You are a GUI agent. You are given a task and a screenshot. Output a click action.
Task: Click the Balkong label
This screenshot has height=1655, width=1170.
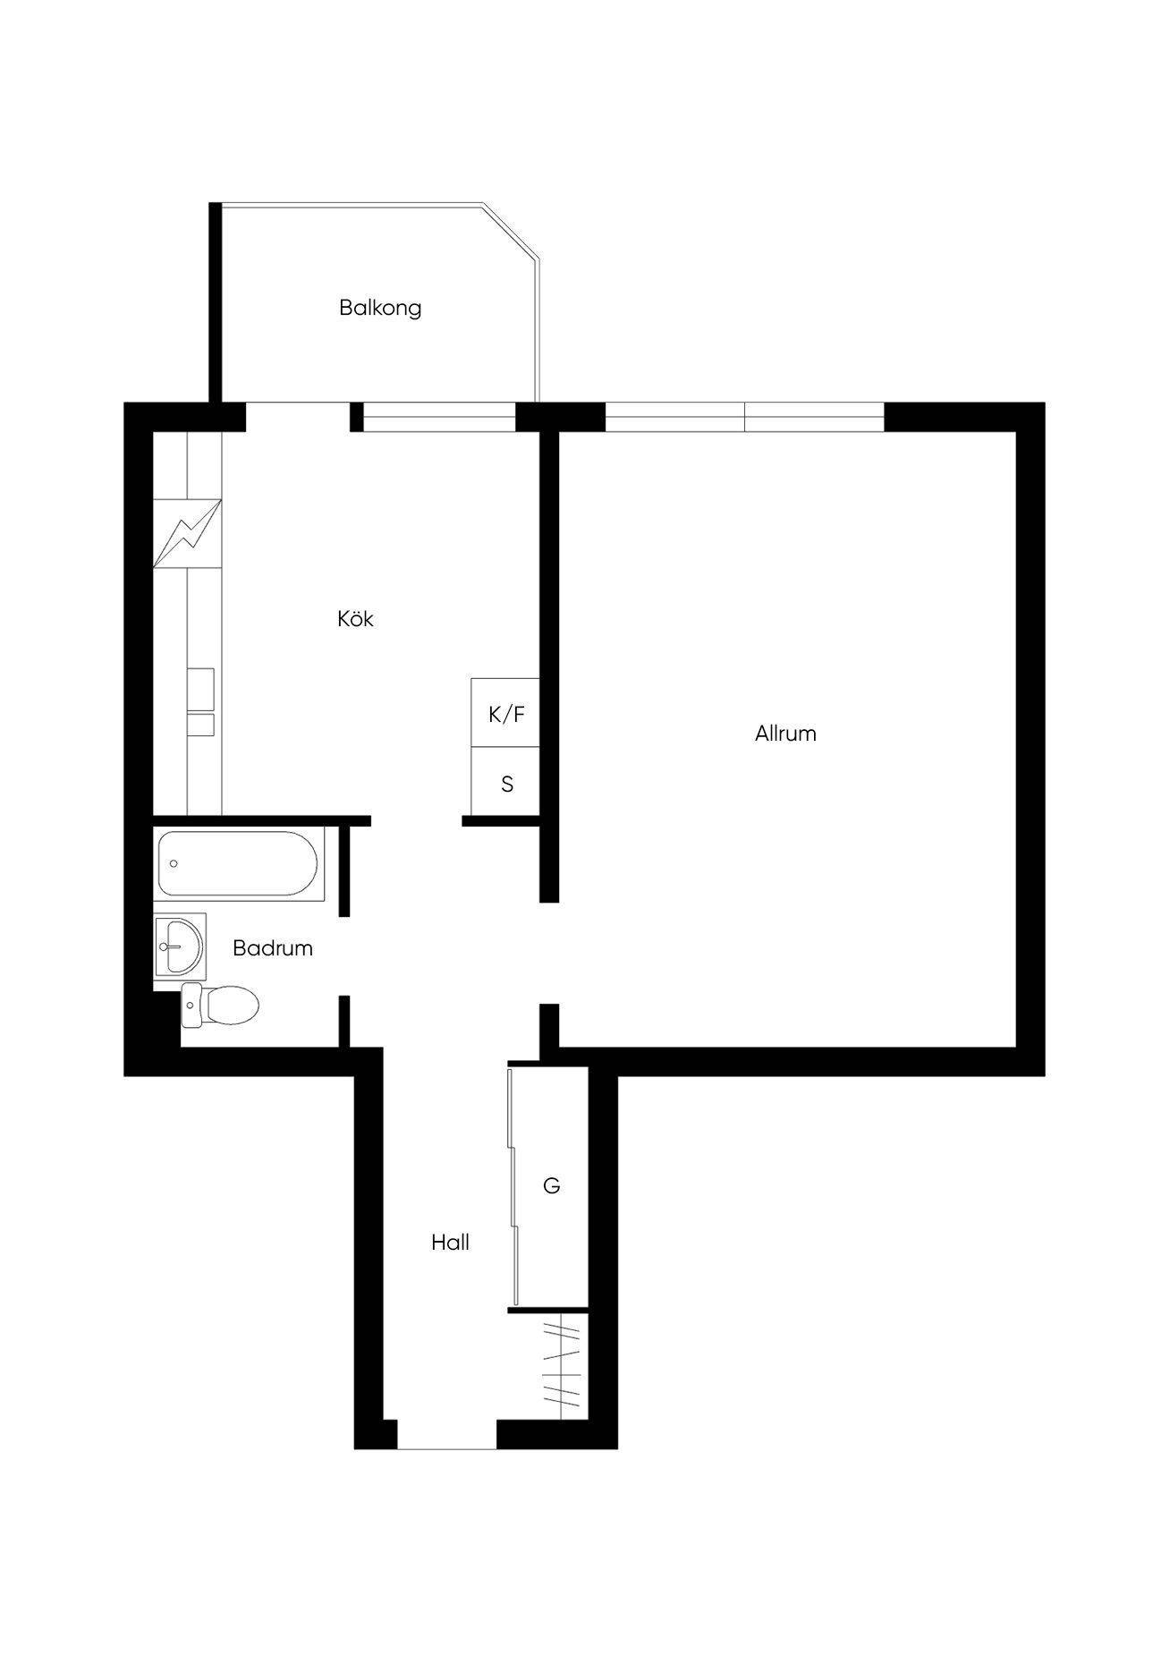[380, 308]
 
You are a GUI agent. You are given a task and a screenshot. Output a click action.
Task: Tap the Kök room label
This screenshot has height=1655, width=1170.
[355, 618]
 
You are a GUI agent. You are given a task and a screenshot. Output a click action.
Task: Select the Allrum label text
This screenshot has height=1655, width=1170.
[785, 734]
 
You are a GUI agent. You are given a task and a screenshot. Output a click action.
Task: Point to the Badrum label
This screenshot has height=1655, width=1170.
[273, 948]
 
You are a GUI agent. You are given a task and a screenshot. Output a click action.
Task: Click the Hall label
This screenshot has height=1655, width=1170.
[450, 1243]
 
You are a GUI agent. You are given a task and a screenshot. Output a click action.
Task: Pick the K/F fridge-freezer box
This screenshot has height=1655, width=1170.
[505, 713]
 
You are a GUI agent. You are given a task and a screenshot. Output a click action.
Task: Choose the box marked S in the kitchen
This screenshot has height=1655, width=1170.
[505, 782]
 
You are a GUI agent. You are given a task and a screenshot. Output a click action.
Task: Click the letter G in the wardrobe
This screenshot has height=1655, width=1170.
[552, 1186]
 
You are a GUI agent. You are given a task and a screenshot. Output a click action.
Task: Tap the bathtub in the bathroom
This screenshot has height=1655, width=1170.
[238, 864]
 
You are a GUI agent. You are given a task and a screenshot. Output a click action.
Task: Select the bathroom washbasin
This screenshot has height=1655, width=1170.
[180, 946]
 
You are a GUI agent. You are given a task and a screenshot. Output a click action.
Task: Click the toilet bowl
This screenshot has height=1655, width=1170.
[220, 1004]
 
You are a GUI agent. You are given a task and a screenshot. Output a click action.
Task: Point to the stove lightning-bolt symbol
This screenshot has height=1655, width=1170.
[187, 533]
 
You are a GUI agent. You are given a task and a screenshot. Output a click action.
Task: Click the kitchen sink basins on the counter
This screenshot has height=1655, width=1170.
[200, 701]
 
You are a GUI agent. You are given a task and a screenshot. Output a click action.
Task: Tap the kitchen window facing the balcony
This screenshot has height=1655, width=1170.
[440, 417]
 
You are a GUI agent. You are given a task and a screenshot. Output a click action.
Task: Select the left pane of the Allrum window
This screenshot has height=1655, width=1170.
[675, 417]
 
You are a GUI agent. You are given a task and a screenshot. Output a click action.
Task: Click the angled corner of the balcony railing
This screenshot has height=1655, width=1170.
[511, 233]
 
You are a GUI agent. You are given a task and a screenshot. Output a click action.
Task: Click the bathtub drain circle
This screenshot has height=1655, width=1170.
[174, 864]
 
